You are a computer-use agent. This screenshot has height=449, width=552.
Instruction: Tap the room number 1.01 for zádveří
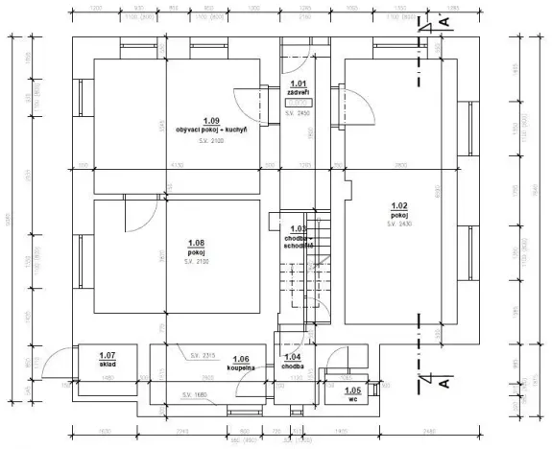pyautogui.click(x=298, y=84)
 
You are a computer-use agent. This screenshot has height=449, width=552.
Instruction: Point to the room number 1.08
pyautogui.click(x=198, y=242)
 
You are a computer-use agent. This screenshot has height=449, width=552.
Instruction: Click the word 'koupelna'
pyautogui.click(x=241, y=366)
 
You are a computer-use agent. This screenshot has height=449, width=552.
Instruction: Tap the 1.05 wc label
pyautogui.click(x=352, y=395)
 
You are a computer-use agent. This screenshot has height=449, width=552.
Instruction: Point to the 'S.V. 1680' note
pyautogui.click(x=196, y=395)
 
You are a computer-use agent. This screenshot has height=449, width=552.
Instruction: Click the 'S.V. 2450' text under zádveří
pyautogui.click(x=298, y=112)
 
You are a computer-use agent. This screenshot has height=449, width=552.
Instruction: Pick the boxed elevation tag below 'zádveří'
pyautogui.click(x=298, y=102)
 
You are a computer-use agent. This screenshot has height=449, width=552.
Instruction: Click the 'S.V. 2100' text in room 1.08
pyautogui.click(x=198, y=261)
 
